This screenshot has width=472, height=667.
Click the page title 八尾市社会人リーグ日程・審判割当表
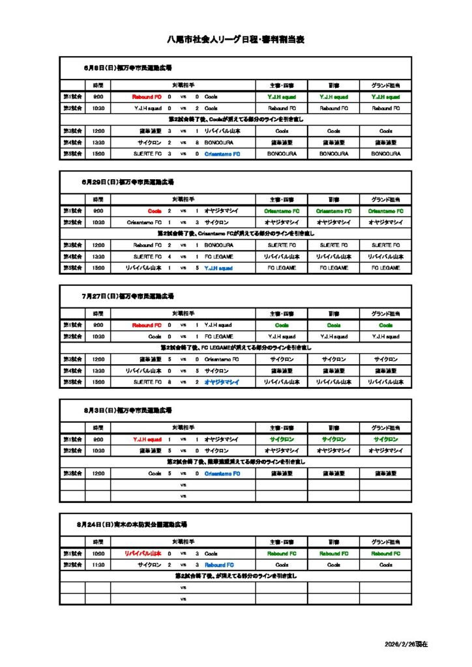click(236, 40)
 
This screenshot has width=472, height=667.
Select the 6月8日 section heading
click(128, 67)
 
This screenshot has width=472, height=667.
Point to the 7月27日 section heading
click(128, 296)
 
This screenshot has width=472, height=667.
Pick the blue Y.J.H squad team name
click(218, 268)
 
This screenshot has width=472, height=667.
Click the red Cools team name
click(155, 211)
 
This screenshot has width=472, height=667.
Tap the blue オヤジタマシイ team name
click(222, 382)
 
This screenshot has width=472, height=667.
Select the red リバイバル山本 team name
click(143, 554)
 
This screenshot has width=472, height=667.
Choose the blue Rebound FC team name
click(219, 565)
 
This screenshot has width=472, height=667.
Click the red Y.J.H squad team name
click(147, 440)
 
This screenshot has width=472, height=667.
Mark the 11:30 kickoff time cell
click(98, 565)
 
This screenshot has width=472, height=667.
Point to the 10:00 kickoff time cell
click(98, 554)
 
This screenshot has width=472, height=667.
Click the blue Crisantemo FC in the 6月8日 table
click(222, 154)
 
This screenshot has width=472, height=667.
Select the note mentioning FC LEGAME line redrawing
click(237, 348)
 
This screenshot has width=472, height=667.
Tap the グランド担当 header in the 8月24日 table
click(386, 542)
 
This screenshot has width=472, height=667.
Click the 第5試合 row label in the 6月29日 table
click(72, 268)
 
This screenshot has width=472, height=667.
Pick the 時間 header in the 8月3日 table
click(98, 428)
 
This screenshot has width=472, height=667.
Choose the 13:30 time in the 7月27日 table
click(98, 371)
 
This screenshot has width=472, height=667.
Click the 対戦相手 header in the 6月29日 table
click(183, 199)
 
